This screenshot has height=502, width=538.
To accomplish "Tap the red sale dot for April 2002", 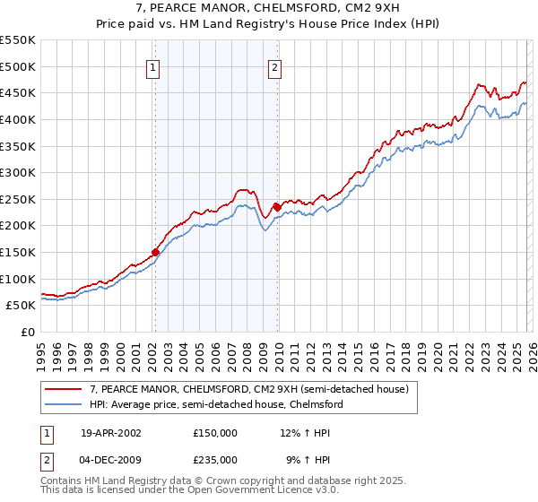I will [155, 253].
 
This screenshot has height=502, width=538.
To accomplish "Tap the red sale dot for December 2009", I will [277, 207].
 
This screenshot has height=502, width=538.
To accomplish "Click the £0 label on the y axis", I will [28, 332].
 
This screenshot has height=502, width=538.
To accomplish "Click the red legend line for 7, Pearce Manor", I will [63, 390].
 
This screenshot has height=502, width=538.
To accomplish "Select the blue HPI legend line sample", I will [63, 404].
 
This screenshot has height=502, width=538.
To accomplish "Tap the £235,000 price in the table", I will [215, 459].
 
